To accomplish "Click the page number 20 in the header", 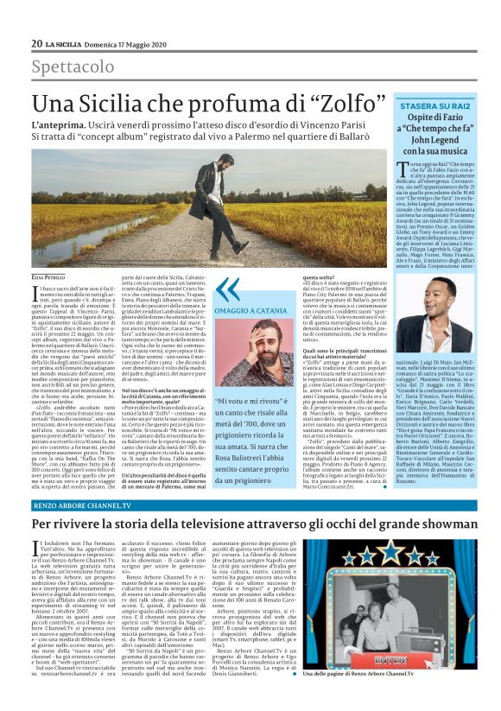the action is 37,43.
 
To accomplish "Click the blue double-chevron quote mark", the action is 228,289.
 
